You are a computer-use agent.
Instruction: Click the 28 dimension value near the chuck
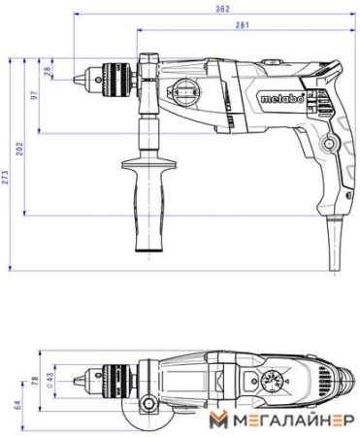48,71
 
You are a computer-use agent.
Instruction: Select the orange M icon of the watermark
216,420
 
